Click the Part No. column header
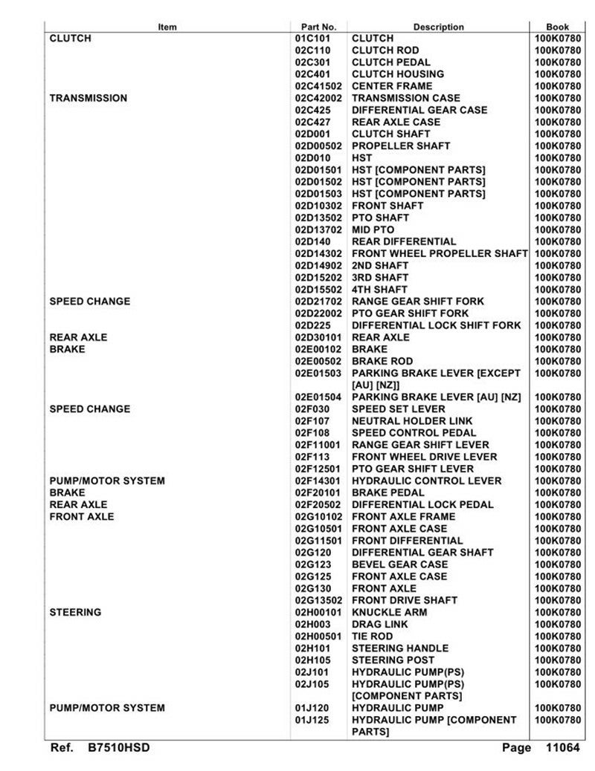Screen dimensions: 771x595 pyautogui.click(x=318, y=27)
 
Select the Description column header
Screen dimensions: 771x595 pyautogui.click(x=438, y=27)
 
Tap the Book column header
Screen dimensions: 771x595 pyautogui.click(x=557, y=27)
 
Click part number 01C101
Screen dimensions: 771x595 pyautogui.click(x=312, y=38)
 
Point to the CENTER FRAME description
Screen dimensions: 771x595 pyautogui.click(x=391, y=86)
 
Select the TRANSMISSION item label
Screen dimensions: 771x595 pyautogui.click(x=88, y=98)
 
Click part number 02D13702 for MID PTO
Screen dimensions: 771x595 pyautogui.click(x=318, y=230)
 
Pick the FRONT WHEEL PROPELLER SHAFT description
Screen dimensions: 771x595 pyautogui.click(x=440, y=253)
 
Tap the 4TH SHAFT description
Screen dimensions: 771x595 pyautogui.click(x=379, y=290)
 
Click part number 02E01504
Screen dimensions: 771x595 pyautogui.click(x=318, y=397)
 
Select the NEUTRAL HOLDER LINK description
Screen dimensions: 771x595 pyautogui.click(x=412, y=421)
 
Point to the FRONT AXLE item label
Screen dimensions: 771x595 pyautogui.click(x=82, y=517)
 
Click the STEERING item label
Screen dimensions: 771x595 pyautogui.click(x=75, y=613)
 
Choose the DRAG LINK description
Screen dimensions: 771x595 pyautogui.click(x=379, y=625)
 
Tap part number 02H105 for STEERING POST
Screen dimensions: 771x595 pyautogui.click(x=312, y=660)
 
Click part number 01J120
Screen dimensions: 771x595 pyautogui.click(x=312, y=709)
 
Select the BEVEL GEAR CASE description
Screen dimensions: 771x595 pyautogui.click(x=399, y=565)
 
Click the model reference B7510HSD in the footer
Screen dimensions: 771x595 pyautogui.click(x=118, y=748)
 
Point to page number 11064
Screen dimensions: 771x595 pyautogui.click(x=562, y=748)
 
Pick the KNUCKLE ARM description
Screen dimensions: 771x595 pyautogui.click(x=389, y=613)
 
